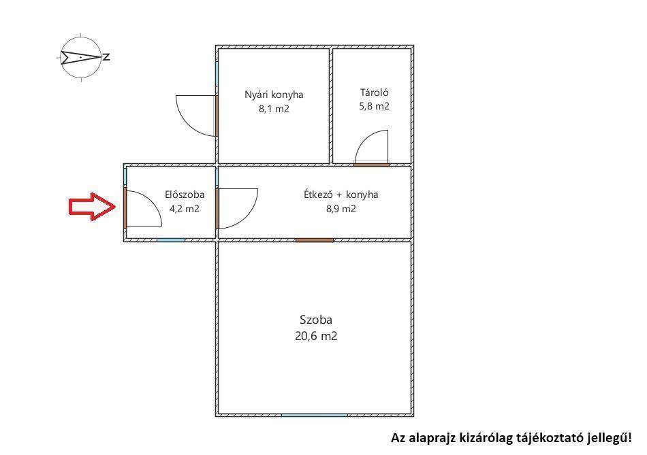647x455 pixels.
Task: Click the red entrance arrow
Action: [x=93, y=207]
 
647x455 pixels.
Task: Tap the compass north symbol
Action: [x=81, y=57]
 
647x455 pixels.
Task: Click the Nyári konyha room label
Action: [x=274, y=95]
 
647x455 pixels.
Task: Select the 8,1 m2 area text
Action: [x=274, y=109]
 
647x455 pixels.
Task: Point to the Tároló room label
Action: [x=375, y=92]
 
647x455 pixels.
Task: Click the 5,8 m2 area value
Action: [x=375, y=106]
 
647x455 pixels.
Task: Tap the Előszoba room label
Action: [x=185, y=194]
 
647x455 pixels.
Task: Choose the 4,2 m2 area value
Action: [x=185, y=209]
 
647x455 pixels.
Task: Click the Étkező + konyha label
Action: [x=341, y=195]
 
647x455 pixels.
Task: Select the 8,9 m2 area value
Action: [x=341, y=209]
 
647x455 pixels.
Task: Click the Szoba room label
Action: [x=316, y=320]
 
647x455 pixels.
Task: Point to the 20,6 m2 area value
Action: [x=316, y=336]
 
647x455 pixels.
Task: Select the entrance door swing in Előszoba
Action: [x=153, y=201]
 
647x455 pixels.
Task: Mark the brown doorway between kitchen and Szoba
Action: [x=315, y=240]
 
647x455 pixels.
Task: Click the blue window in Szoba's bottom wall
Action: [x=315, y=416]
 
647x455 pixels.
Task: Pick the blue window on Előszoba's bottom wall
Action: [x=171, y=240]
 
